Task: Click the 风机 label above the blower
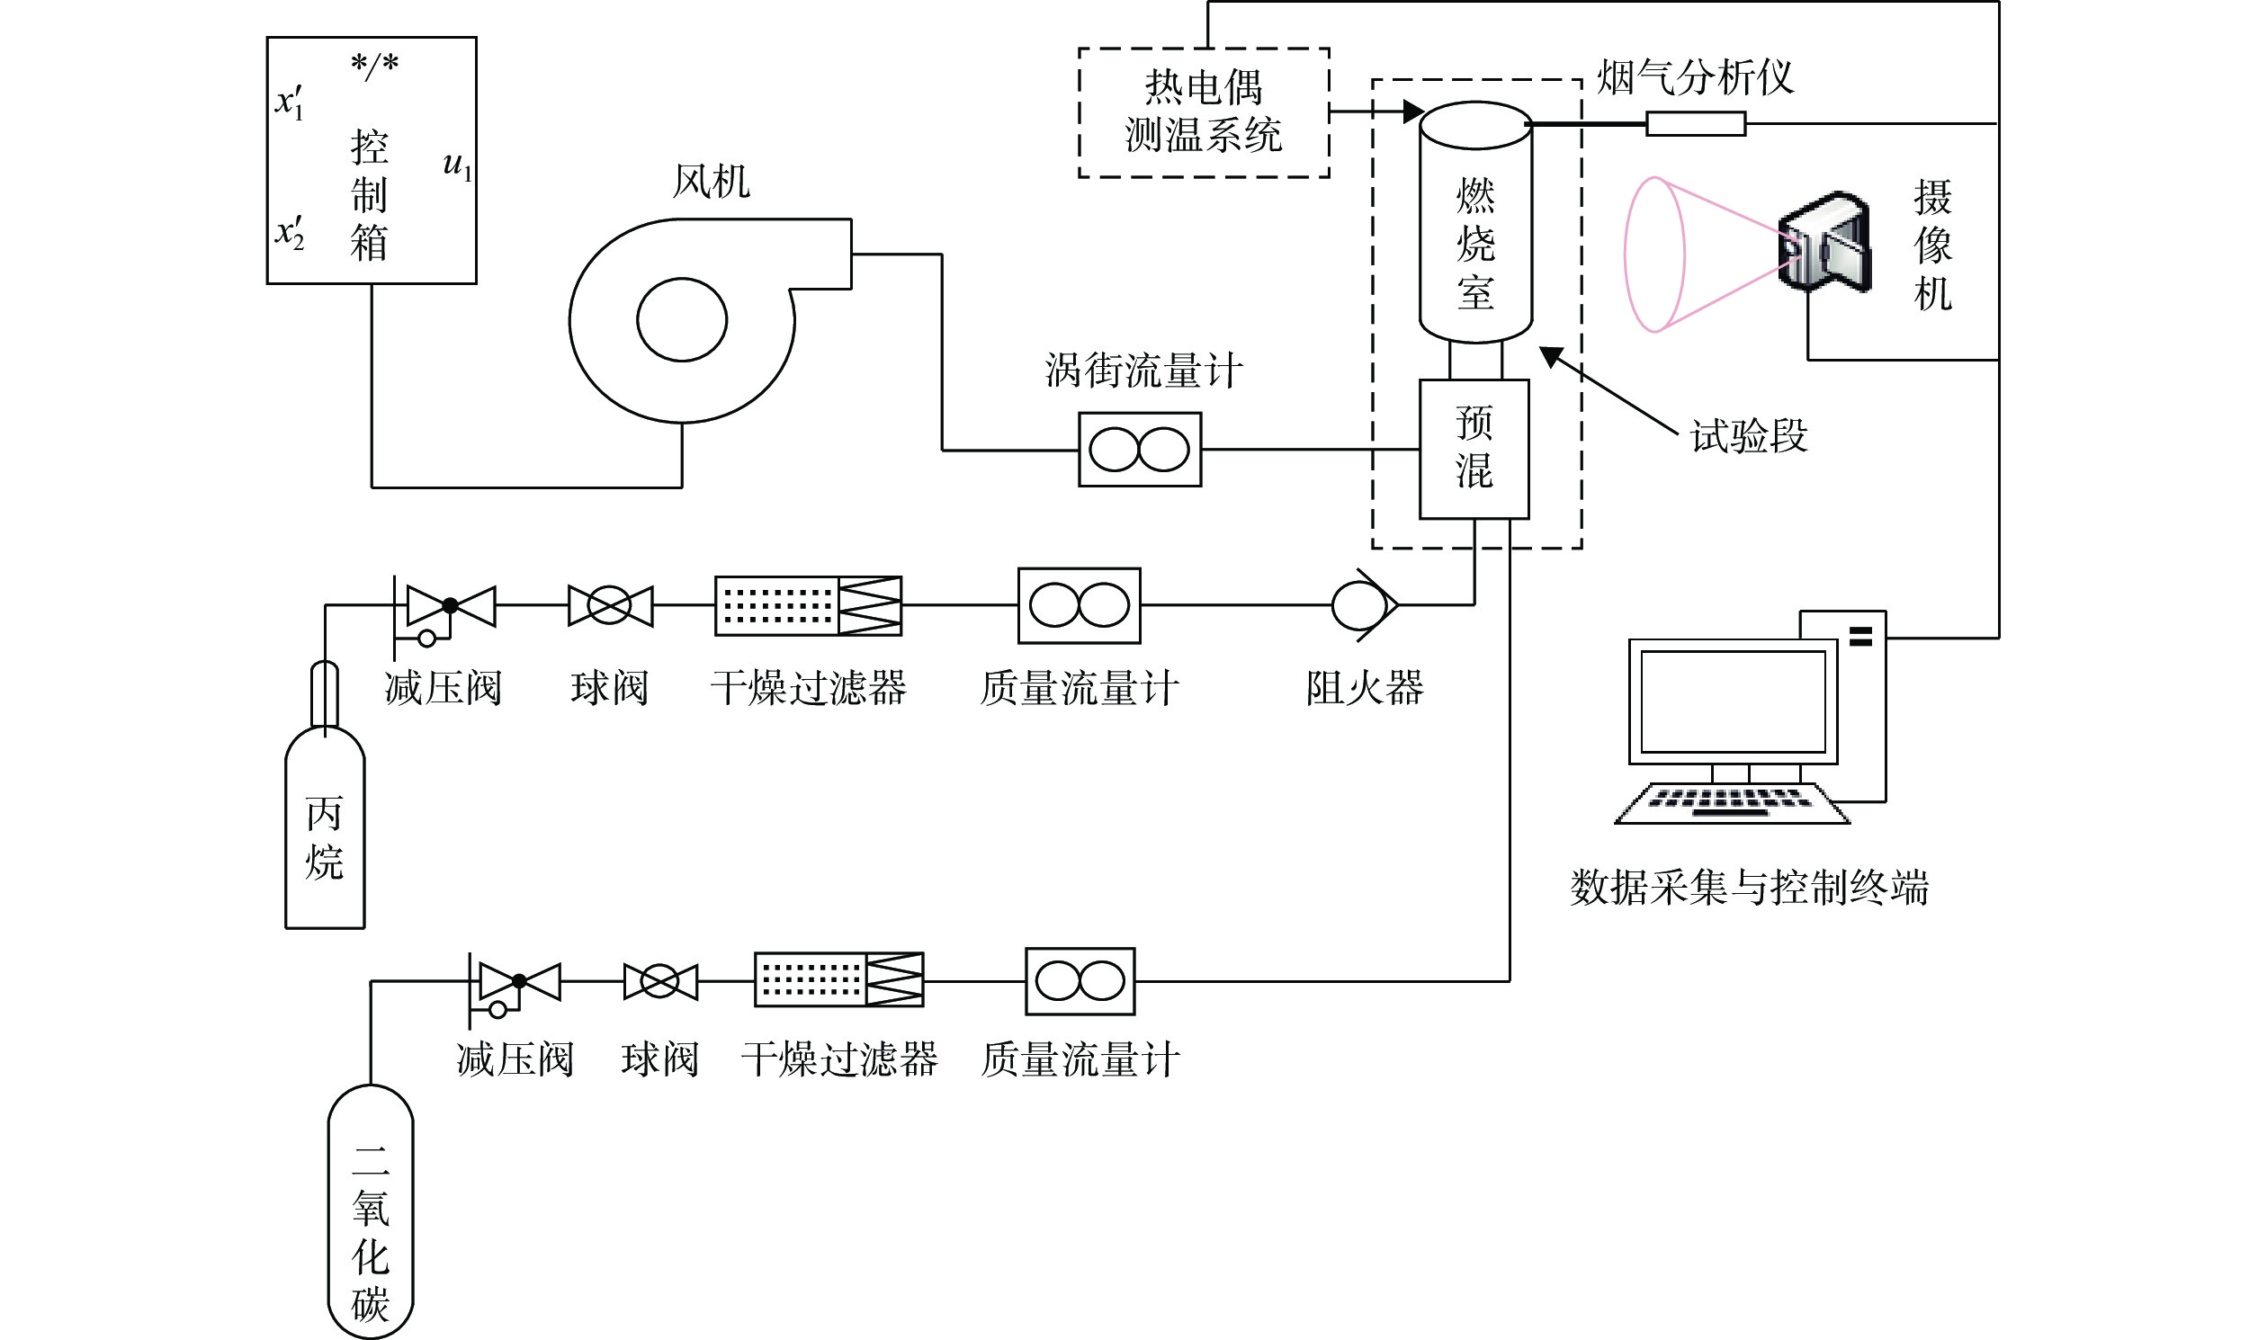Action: [711, 182]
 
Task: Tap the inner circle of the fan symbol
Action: [682, 319]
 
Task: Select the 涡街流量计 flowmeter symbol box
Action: [1140, 450]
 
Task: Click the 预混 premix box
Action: [1474, 449]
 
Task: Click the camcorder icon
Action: [1823, 241]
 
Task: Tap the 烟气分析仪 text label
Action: [1694, 77]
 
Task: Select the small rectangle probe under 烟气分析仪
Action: [1695, 124]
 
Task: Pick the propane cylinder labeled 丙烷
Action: [325, 795]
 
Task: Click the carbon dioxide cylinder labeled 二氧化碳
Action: [371, 1210]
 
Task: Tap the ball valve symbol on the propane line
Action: [610, 605]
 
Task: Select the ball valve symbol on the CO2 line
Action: [660, 981]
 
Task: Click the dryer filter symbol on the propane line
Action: [809, 605]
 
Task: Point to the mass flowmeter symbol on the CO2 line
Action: [1080, 981]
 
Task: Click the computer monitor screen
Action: [1733, 701]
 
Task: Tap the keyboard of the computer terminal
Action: [1732, 803]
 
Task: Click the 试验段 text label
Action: [1749, 436]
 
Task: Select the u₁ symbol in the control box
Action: [458, 166]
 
